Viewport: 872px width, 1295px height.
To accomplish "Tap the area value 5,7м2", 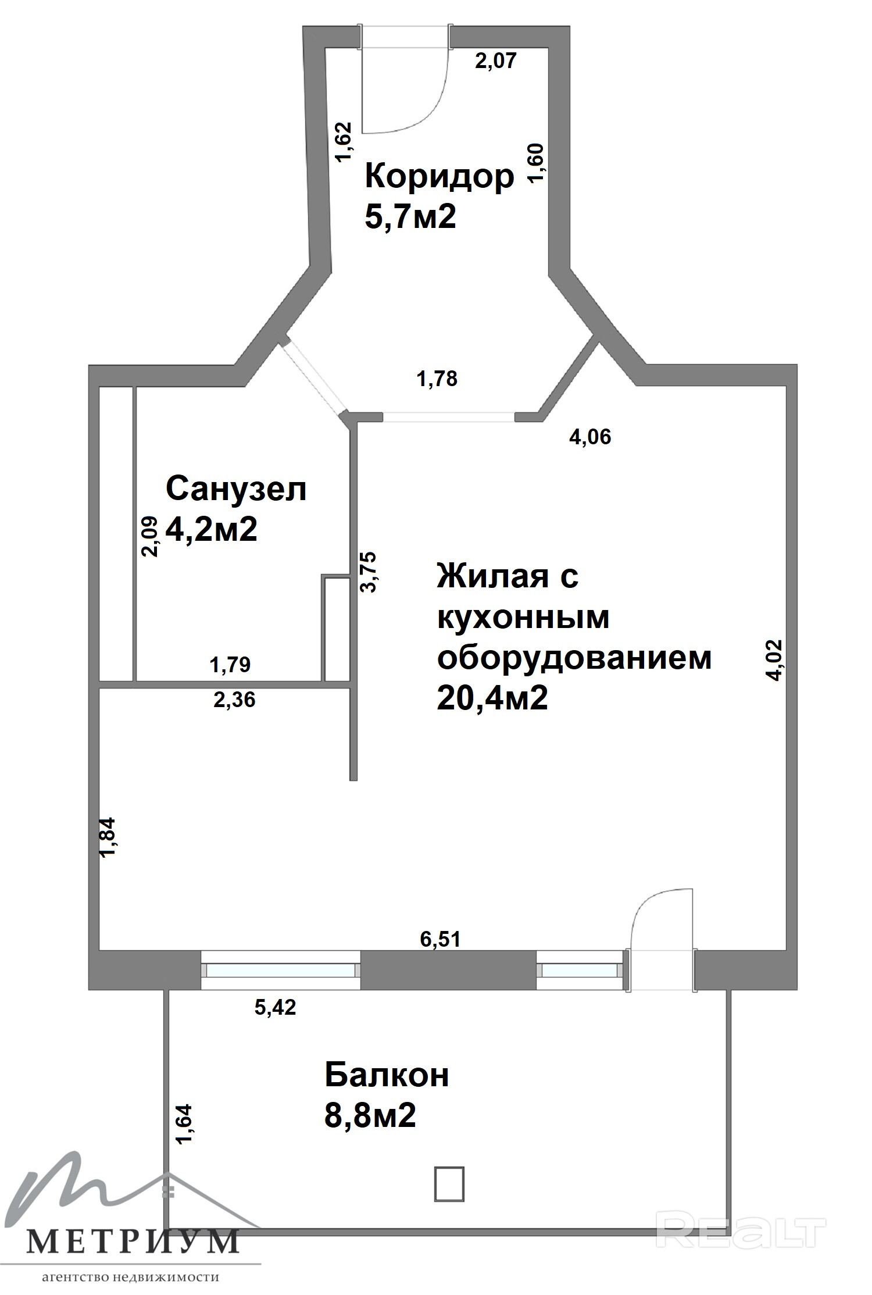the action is [x=410, y=217].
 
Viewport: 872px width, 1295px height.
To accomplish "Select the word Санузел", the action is [x=236, y=488].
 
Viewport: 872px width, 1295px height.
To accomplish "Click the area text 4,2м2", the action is [x=212, y=529].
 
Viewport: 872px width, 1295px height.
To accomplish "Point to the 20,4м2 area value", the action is [x=492, y=698].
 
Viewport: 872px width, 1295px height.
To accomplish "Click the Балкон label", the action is [x=387, y=1075].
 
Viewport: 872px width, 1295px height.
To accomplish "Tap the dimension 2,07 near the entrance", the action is [x=496, y=60].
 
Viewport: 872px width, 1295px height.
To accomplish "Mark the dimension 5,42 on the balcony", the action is [x=275, y=1007].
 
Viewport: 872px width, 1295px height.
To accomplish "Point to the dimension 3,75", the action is [x=369, y=572].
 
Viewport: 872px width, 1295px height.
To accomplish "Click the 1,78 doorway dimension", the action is [x=437, y=379].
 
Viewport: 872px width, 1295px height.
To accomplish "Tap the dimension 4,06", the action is [x=590, y=436].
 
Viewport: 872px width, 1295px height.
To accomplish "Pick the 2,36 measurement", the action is [x=234, y=700].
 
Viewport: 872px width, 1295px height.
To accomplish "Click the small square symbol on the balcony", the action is [x=449, y=1184].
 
